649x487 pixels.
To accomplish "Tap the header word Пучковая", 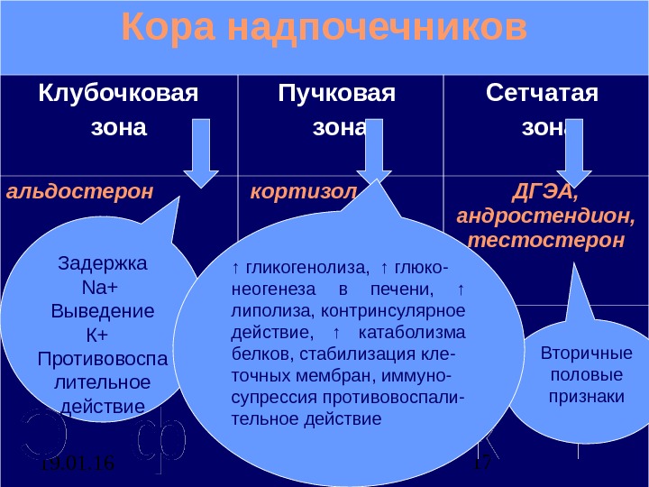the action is pos(337,93).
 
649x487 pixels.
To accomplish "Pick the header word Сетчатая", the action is pos(542,93).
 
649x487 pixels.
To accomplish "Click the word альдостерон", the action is pos(80,192).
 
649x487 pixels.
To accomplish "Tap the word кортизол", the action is pos(303,192).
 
